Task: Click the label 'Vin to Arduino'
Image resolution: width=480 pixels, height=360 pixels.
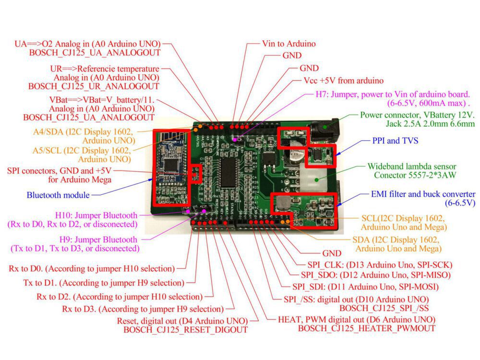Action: (x=288, y=44)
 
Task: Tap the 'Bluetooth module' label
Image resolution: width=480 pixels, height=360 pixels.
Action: (x=58, y=195)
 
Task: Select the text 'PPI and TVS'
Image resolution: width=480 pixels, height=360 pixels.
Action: (x=395, y=141)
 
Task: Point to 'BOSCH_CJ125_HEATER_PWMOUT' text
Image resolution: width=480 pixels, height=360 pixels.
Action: (x=367, y=328)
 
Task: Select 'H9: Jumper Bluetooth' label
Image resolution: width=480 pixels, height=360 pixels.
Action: (x=98, y=239)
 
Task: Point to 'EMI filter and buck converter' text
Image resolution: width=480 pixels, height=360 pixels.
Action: (x=423, y=194)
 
